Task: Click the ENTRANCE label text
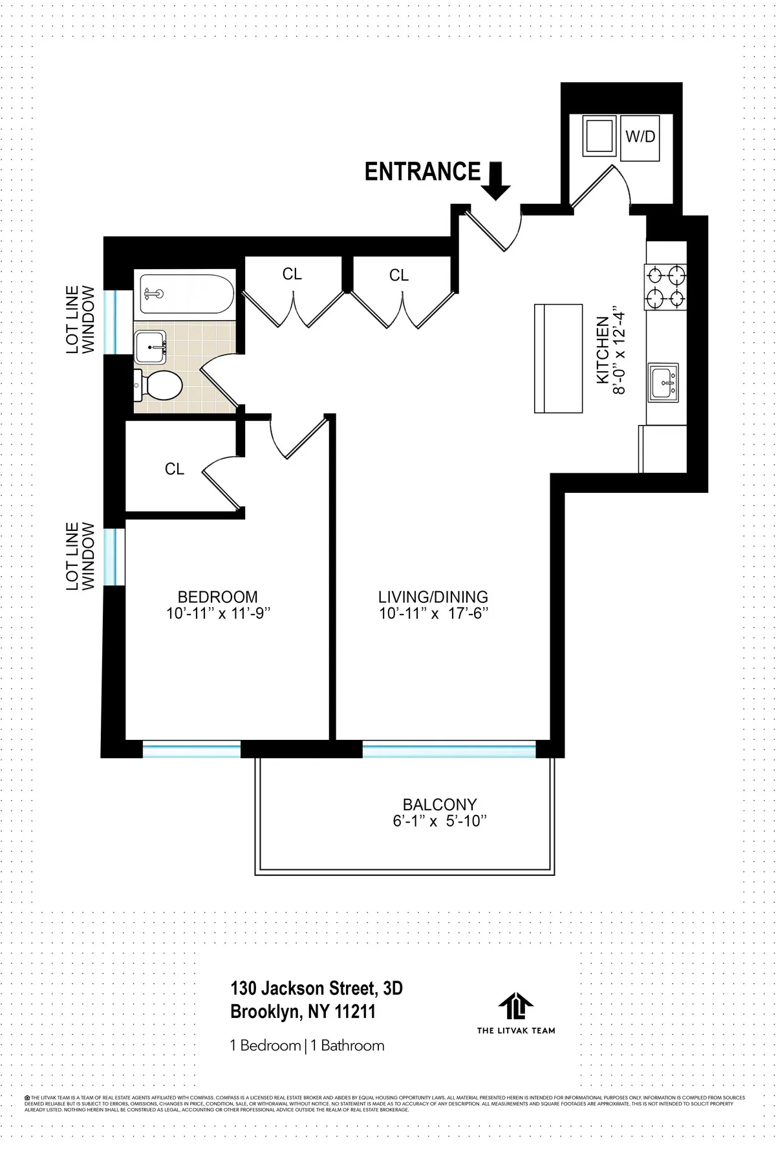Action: coord(422,172)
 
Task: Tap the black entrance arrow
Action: coord(497,180)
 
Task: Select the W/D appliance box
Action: coord(640,138)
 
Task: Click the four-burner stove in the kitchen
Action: coord(665,287)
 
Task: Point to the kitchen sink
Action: coord(663,383)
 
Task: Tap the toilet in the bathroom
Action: coord(159,386)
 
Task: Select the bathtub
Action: coord(184,294)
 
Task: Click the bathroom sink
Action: coord(151,347)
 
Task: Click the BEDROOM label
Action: coord(217,597)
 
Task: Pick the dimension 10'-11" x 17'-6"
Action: coord(433,614)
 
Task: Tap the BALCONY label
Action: coord(440,805)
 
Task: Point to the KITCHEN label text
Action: coord(601,349)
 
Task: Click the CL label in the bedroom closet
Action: coord(175,469)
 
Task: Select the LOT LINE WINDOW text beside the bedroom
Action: coord(81,556)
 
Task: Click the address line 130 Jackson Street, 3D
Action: coord(316,988)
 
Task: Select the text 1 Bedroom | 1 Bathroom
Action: coord(307,1045)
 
